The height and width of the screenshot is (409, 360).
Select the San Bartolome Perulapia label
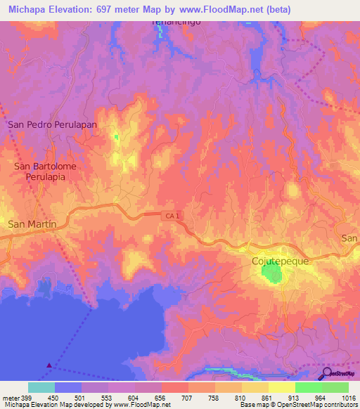coord(45,172)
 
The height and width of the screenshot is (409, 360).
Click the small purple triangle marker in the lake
coord(49,365)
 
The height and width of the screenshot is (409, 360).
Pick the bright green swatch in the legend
coord(308,387)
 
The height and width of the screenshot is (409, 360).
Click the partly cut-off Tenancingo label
coord(172,23)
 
